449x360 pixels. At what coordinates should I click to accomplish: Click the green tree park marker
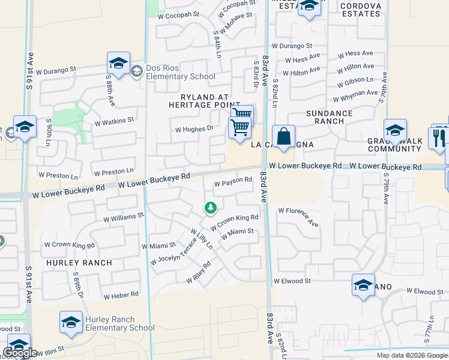(210, 208)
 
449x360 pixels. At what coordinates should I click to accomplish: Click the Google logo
(20, 353)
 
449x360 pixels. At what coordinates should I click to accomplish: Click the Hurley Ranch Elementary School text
(120, 323)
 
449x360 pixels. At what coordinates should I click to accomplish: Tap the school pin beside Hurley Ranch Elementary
(71, 322)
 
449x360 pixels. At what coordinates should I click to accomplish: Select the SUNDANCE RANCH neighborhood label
(329, 117)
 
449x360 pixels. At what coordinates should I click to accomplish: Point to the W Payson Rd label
(233, 181)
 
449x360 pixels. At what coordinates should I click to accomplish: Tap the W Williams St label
(124, 216)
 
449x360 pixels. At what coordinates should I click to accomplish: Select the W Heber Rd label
(121, 295)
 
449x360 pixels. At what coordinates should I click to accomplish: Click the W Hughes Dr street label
(194, 128)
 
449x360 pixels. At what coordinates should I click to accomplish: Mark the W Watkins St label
(114, 121)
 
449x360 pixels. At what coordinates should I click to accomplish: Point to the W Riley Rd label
(199, 272)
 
